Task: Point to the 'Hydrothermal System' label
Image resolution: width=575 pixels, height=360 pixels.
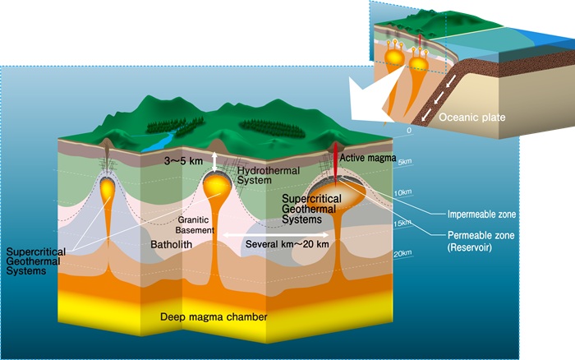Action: point(264,175)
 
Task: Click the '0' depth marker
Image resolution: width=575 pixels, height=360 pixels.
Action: point(407,131)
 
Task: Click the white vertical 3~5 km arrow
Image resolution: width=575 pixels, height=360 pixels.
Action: point(215,161)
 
